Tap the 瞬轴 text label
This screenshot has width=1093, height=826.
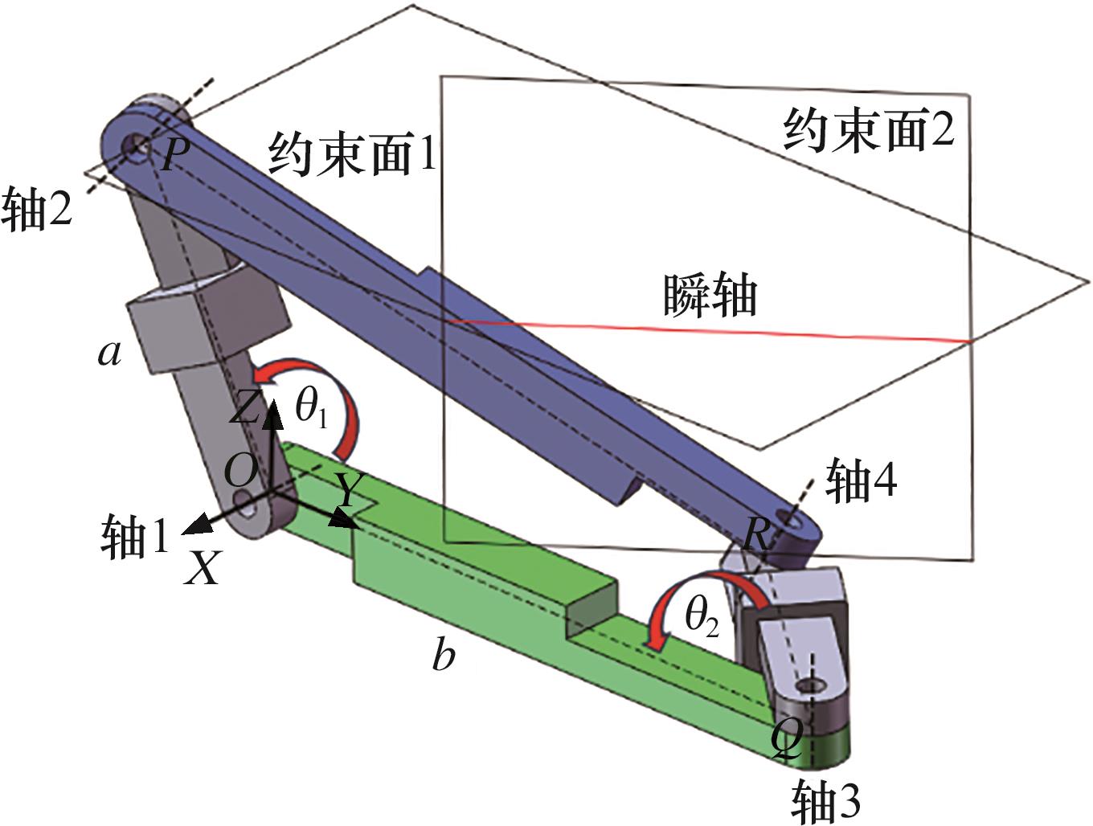point(710,296)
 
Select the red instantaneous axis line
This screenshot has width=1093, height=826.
point(706,330)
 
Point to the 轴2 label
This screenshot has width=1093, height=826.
point(37,211)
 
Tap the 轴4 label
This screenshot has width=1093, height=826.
point(862,480)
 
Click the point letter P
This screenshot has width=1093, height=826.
point(174,153)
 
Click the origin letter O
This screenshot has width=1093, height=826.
point(240,471)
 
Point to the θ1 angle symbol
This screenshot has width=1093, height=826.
point(311,409)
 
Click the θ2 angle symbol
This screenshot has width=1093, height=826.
point(702,617)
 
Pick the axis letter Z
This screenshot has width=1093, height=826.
point(244,407)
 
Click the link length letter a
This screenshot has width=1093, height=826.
point(109,354)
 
